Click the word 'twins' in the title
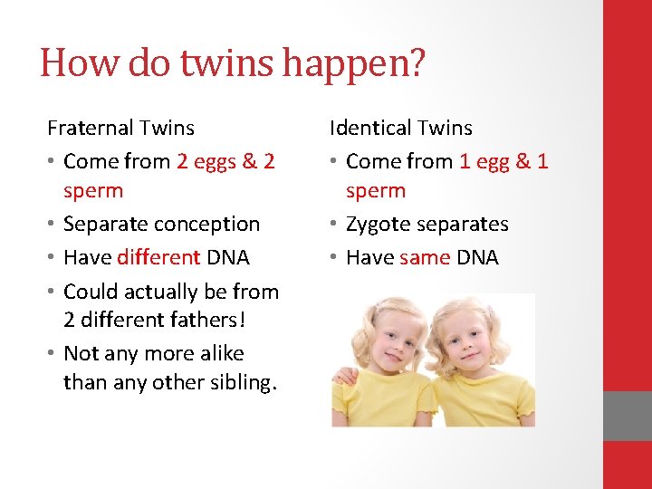tap(223, 63)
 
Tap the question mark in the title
tap(415, 63)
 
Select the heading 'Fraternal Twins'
tap(120, 128)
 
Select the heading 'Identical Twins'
tap(400, 128)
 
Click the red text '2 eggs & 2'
tap(225, 161)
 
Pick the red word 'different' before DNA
tap(158, 257)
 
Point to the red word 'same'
tap(424, 257)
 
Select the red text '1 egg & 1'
tap(503, 161)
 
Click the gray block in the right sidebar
tap(627, 416)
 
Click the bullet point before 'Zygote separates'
tap(333, 224)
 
